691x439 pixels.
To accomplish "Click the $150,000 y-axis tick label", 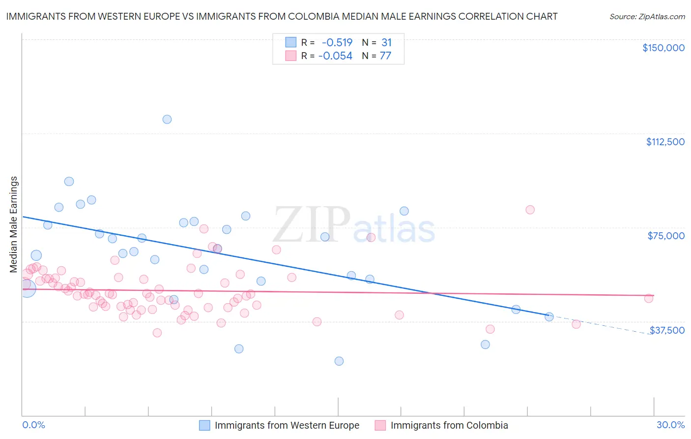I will pyautogui.click(x=663, y=48).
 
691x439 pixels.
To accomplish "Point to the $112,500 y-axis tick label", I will pyautogui.click(x=665, y=142).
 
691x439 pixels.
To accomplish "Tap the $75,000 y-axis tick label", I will pyautogui.click(x=666, y=236).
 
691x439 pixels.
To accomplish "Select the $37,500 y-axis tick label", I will pyautogui.click(x=667, y=330).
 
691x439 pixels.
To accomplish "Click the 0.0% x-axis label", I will pyautogui.click(x=33, y=425).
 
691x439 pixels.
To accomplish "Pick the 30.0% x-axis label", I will pyautogui.click(x=670, y=425).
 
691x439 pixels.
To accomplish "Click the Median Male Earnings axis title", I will pyautogui.click(x=14, y=224).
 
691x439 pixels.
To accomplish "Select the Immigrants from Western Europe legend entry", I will pyautogui.click(x=287, y=425).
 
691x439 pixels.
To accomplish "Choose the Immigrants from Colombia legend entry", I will pyautogui.click(x=449, y=425).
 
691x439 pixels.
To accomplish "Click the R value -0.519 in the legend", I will pyautogui.click(x=337, y=43).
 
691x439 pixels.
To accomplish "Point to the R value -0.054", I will pyautogui.click(x=335, y=56).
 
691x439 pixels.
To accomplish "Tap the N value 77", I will pyautogui.click(x=385, y=56).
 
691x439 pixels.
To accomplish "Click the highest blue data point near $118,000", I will pyautogui.click(x=167, y=119).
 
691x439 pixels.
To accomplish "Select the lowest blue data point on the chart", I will pyautogui.click(x=339, y=361).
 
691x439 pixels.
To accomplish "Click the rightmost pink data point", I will pyautogui.click(x=649, y=298).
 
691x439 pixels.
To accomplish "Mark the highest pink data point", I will pyautogui.click(x=530, y=210).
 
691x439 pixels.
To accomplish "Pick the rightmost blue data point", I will pyautogui.click(x=549, y=317).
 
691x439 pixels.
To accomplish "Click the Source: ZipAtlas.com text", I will pyautogui.click(x=647, y=17).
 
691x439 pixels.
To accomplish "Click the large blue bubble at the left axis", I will pyautogui.click(x=27, y=288).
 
